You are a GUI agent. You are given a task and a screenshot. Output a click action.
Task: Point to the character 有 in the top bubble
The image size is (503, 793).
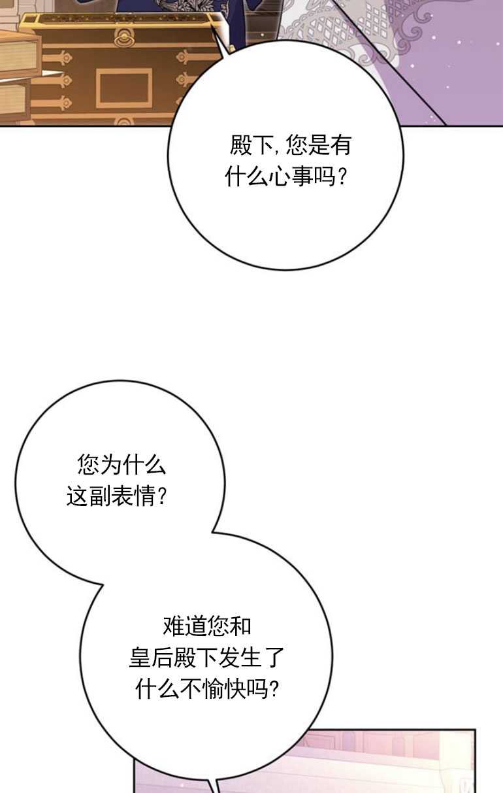[340, 144]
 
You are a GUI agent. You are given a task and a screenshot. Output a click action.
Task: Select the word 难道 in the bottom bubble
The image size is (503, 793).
[184, 626]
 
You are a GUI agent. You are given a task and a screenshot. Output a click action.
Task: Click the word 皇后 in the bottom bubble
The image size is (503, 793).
[151, 658]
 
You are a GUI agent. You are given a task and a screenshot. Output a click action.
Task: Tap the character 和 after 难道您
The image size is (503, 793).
[240, 626]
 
